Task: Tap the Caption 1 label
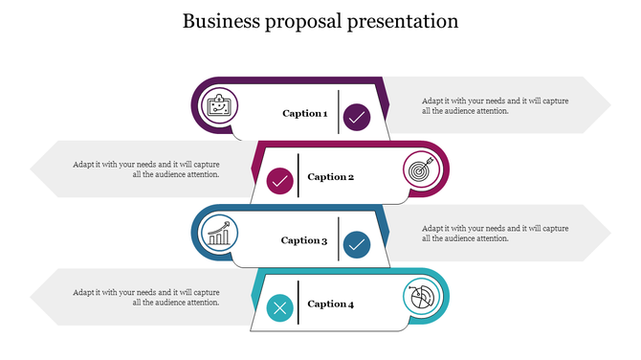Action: [x=304, y=114]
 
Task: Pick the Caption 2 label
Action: [x=331, y=177]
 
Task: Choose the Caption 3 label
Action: [x=304, y=241]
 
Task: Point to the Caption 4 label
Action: [x=331, y=304]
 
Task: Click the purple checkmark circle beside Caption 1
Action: [x=357, y=118]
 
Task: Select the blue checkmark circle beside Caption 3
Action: [x=357, y=245]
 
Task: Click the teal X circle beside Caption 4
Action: [x=279, y=308]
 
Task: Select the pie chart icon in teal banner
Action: [x=419, y=296]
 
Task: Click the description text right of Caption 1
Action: [x=495, y=105]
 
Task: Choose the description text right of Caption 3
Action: [x=495, y=234]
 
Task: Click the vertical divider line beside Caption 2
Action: [x=298, y=175]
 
